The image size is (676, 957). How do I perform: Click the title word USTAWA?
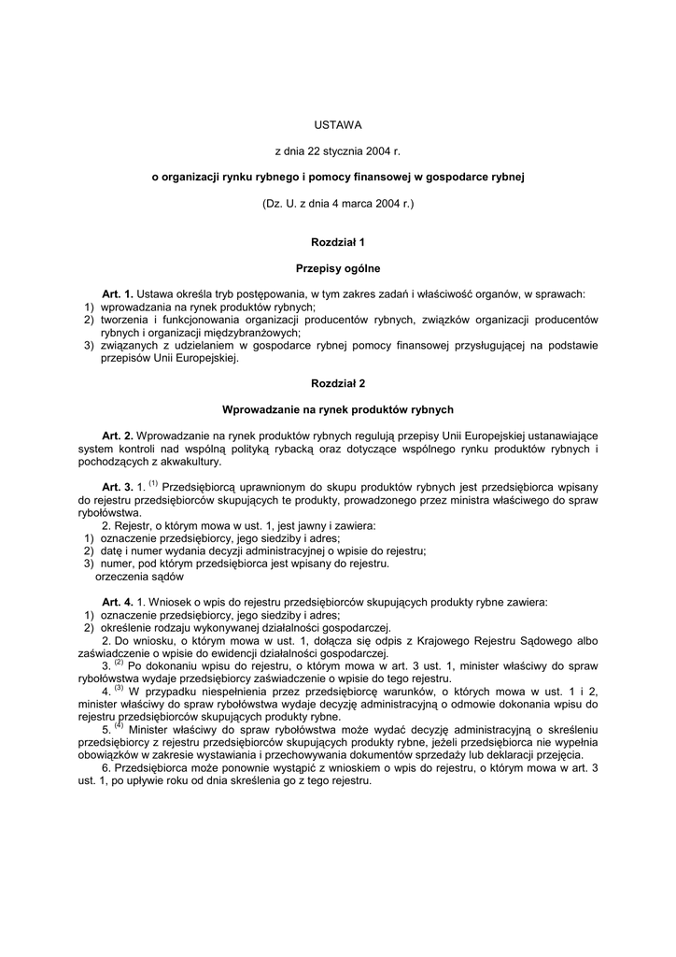(x=337, y=124)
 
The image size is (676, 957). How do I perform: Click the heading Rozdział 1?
(x=337, y=242)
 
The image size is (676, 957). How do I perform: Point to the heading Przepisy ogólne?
(x=337, y=268)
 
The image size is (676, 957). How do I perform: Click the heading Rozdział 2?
(x=337, y=383)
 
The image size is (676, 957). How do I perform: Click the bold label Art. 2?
(x=118, y=435)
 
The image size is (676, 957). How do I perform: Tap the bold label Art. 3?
(x=118, y=487)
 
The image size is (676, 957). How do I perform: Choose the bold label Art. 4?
(x=118, y=602)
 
